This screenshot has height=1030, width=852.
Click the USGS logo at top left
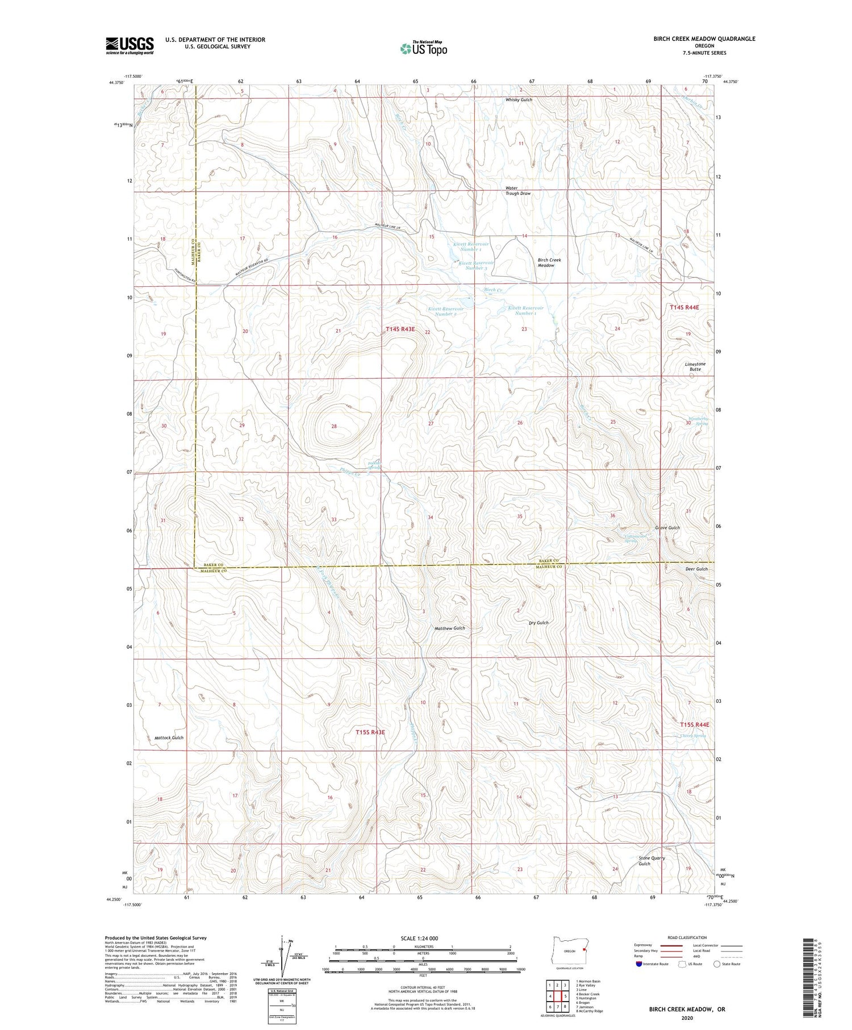pos(130,45)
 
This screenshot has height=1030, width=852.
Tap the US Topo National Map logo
pos(423,48)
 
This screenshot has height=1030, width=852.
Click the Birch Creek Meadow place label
pos(549,262)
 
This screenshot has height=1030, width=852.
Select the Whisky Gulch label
pos(519,99)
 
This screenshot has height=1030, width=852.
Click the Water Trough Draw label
pos(518,191)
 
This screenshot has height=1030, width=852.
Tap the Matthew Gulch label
pos(449,628)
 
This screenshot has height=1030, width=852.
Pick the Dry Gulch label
pos(538,623)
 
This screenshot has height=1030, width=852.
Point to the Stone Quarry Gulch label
pos(651,861)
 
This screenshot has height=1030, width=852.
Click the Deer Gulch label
pos(696,569)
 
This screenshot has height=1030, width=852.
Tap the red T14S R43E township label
pos(400,329)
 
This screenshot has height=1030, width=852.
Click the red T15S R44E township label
pos(695,724)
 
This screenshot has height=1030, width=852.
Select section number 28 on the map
pos(334,426)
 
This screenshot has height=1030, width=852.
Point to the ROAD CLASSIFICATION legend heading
pos(687,937)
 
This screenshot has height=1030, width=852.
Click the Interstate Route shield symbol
pos(639,964)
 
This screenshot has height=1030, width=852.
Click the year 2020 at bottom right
pos(687,1018)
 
